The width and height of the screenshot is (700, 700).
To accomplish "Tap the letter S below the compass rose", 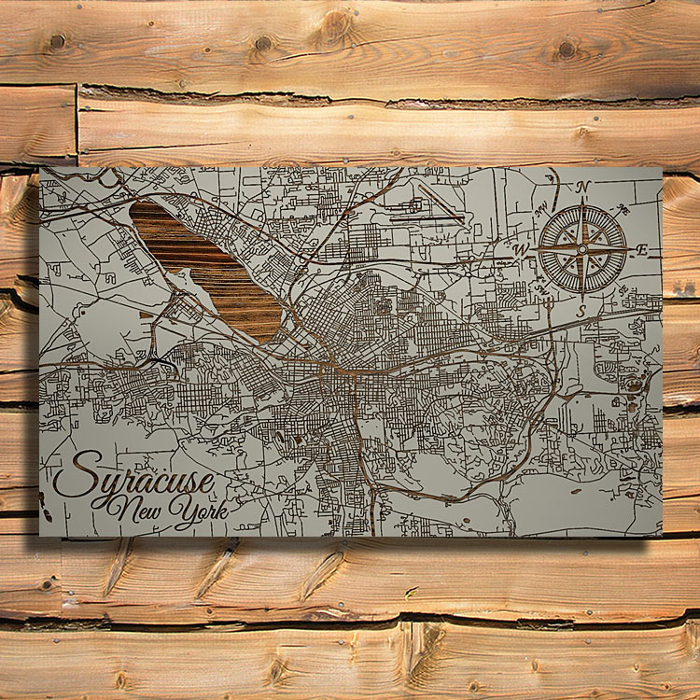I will (x=581, y=309).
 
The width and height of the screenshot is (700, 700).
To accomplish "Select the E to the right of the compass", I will (x=641, y=249).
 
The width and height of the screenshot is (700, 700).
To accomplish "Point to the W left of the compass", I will (x=523, y=249).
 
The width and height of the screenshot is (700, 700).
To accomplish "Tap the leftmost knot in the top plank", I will (x=58, y=42).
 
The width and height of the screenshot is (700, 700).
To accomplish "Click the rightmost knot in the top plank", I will (x=566, y=49).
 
